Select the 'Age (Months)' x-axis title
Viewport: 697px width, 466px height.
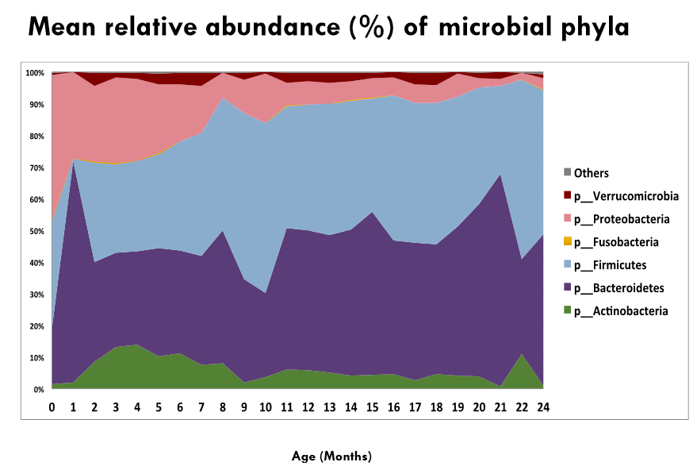tap(331, 456)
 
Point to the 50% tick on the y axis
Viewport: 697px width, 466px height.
tap(34, 232)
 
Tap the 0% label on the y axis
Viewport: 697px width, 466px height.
tap(37, 390)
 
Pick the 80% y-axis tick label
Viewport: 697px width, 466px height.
tap(34, 137)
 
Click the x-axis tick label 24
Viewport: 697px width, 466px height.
tap(543, 406)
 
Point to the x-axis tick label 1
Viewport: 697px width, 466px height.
tap(74, 406)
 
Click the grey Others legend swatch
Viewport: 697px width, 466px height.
tap(566, 172)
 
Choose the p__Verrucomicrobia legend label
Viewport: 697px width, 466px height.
tap(626, 195)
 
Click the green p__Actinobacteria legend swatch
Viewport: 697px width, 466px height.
tap(566, 311)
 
